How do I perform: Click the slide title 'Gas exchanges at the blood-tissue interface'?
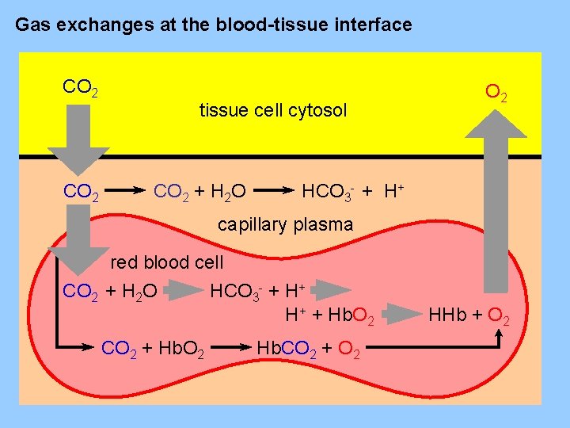[214, 25]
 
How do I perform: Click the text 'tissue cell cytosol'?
[273, 111]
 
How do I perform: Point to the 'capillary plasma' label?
[285, 224]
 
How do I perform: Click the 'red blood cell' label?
[167, 262]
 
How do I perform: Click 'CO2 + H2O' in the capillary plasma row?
[199, 191]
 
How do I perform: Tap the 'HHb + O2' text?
[469, 319]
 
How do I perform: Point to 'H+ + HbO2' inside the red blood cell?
[336, 315]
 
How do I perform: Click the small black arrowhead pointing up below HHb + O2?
[498, 336]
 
